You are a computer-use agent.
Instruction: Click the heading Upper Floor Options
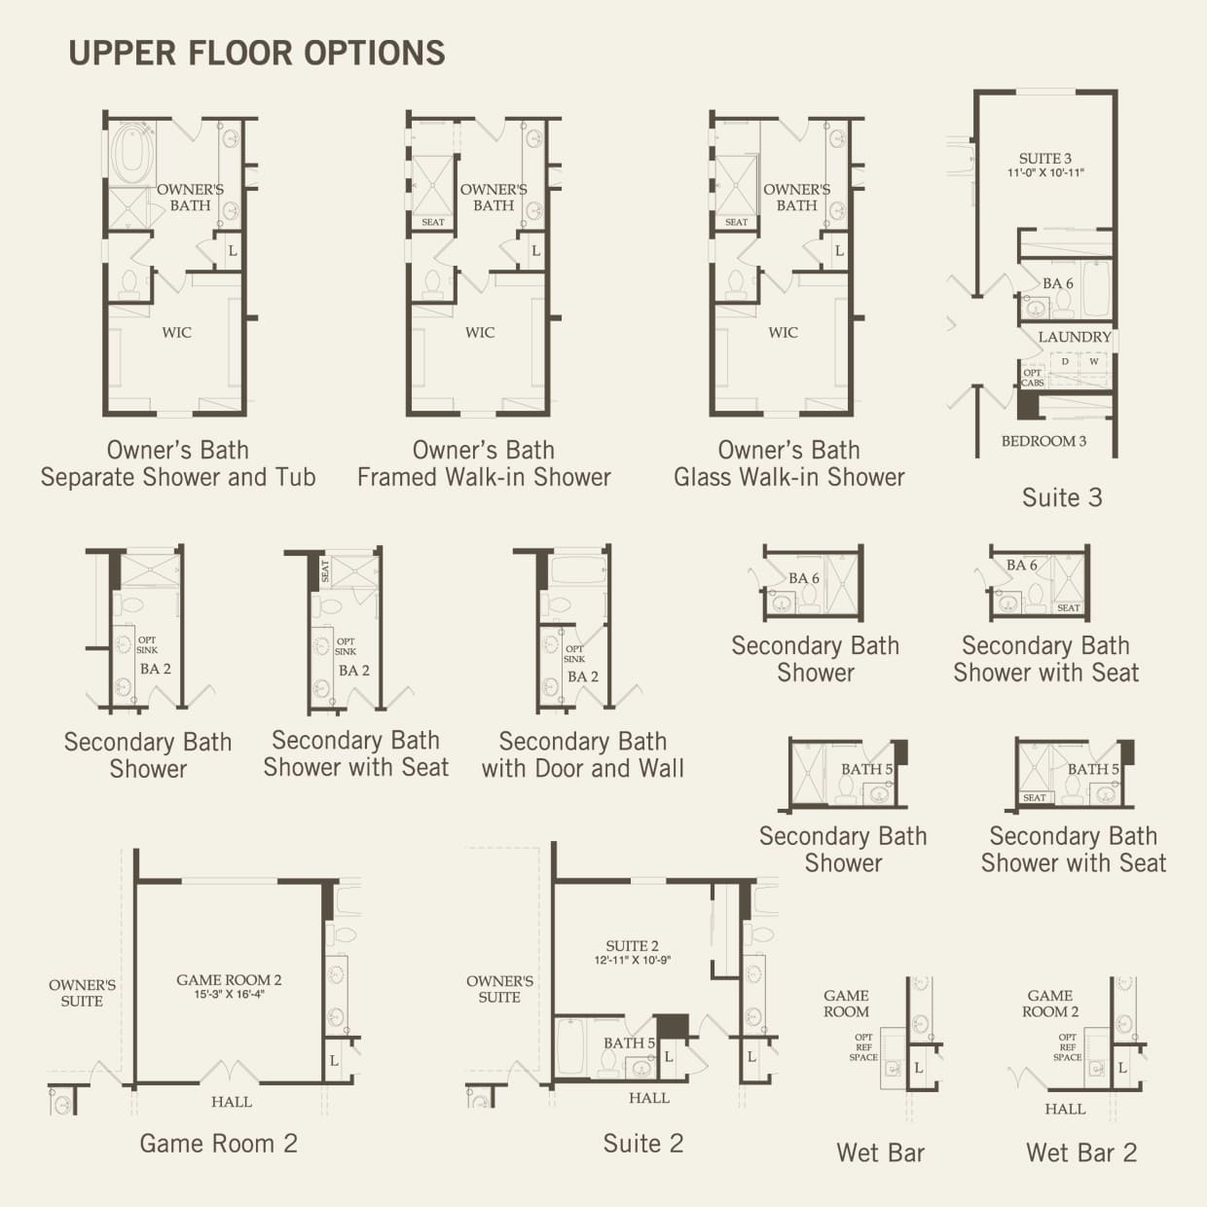(x=257, y=53)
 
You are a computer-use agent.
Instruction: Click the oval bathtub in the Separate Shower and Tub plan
(x=130, y=152)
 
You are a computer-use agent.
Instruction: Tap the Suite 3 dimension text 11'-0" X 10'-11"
(x=1045, y=173)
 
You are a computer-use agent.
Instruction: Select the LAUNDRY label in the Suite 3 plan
(x=1074, y=337)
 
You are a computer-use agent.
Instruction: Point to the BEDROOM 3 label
(x=1043, y=441)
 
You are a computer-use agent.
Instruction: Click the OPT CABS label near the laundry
(x=1033, y=378)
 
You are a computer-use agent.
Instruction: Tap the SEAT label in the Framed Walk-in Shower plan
(x=433, y=222)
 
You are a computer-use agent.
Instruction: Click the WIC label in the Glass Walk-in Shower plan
(x=783, y=333)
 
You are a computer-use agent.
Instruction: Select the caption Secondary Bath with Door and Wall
(x=582, y=754)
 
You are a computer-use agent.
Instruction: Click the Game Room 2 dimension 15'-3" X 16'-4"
(x=229, y=995)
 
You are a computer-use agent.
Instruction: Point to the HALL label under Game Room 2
(x=232, y=1102)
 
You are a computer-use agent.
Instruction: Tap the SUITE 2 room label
(x=632, y=946)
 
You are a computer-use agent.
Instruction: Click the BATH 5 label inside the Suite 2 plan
(x=629, y=1043)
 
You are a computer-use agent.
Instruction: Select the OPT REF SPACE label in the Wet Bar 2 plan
(x=1068, y=1047)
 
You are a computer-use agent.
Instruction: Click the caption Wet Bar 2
(x=1080, y=1152)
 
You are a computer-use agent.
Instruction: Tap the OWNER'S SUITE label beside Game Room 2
(x=82, y=993)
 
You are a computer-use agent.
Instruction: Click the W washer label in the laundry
(x=1094, y=361)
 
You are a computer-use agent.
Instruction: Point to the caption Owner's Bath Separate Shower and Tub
(x=178, y=463)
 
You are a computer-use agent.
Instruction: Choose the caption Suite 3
(x=1062, y=497)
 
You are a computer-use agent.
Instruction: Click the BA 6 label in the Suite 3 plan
(x=1057, y=284)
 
